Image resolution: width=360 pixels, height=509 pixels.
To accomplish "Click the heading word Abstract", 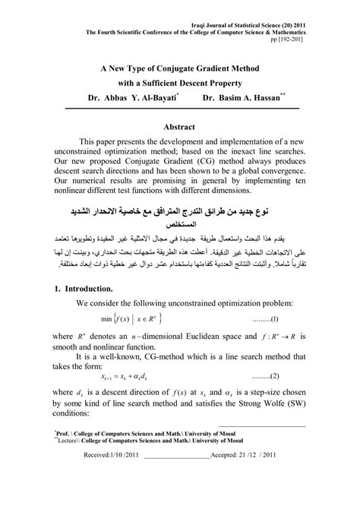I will pyautogui.click(x=179, y=127).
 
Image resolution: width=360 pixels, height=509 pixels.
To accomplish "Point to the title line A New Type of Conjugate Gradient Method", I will pyautogui.click(x=180, y=66).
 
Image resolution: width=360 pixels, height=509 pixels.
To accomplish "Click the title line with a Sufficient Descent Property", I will pyautogui.click(x=180, y=81).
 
